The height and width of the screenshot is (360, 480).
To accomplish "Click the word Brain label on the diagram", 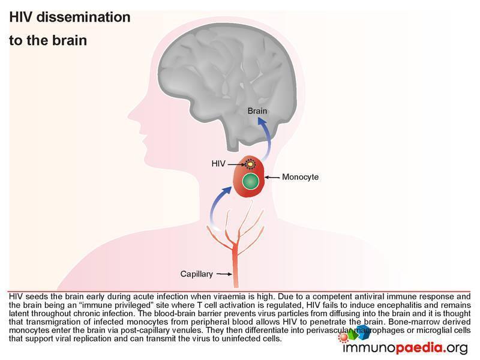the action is point(257,111).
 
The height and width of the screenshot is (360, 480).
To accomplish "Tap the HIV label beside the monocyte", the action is point(218,164).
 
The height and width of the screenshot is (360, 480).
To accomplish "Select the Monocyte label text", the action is point(301,177).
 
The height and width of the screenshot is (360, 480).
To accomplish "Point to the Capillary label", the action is point(197,274).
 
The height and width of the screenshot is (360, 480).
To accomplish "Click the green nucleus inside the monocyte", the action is point(251,181).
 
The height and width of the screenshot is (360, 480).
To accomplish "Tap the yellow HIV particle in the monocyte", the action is point(250,164).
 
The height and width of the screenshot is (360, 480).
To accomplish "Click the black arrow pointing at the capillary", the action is point(224,274).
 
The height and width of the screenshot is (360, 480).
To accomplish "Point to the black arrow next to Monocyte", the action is point(272,177).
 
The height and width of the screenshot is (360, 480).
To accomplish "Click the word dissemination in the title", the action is point(83,17).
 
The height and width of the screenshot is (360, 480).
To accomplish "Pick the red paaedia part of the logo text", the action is point(419,348).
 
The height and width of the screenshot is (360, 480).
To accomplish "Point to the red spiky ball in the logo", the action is point(344,337).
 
